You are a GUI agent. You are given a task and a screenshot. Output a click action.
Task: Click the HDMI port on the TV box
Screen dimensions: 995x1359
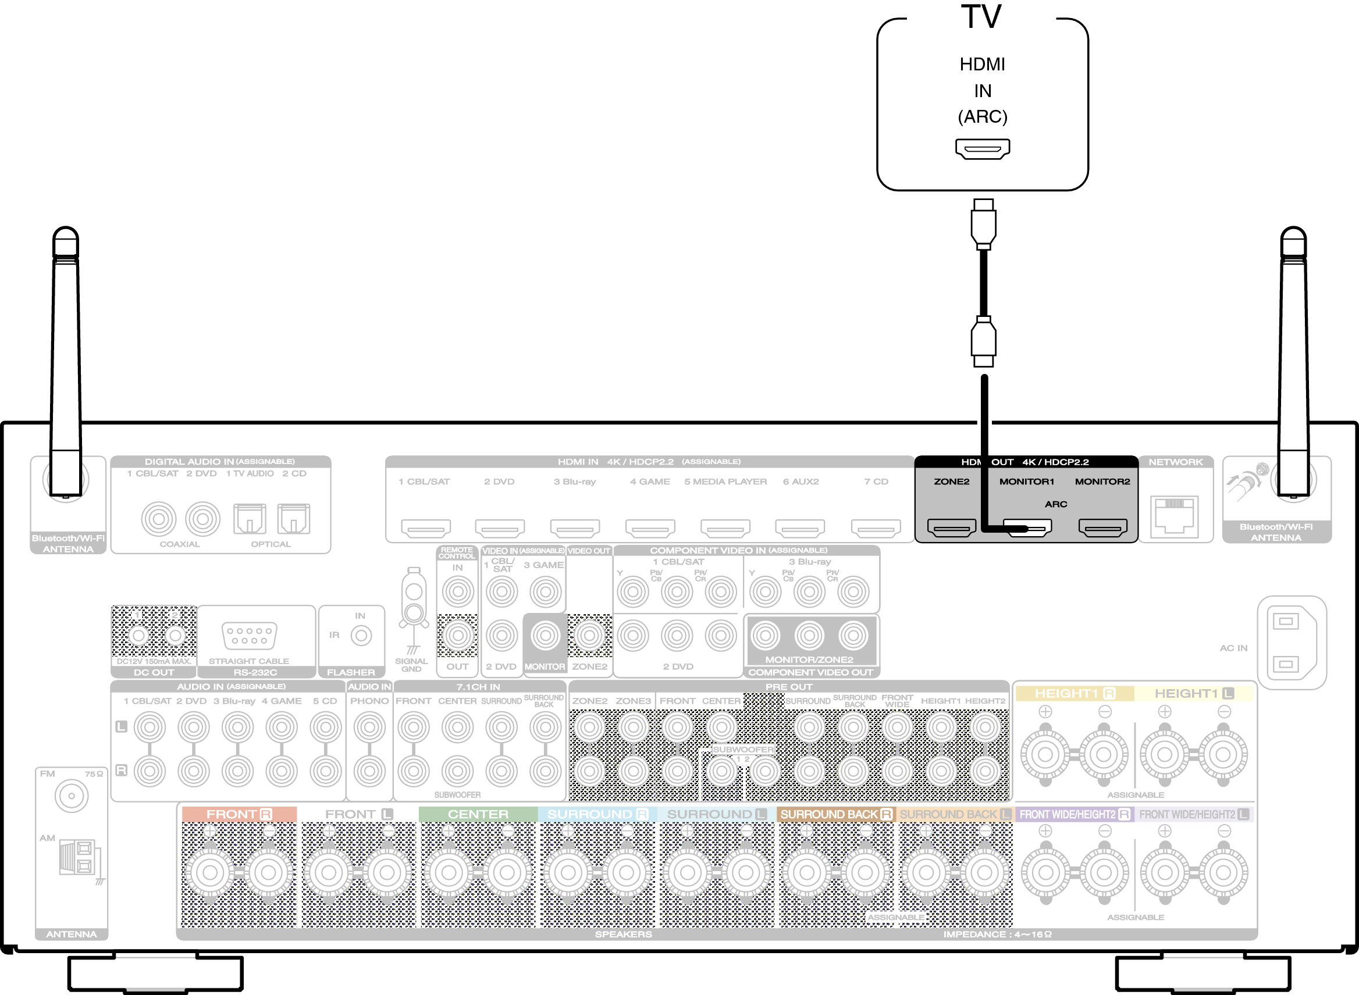coord(982,148)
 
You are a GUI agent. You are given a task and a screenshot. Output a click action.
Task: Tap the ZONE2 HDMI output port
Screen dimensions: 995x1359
coord(951,528)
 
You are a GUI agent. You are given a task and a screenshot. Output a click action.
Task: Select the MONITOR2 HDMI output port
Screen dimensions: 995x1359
coord(1102,528)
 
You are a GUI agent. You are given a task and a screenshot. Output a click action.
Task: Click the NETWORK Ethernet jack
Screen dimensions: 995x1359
coord(1174,516)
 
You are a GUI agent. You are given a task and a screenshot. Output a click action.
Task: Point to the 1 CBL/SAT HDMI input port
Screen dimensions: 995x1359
coord(425,529)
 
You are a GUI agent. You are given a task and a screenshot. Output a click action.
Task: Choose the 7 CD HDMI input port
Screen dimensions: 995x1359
coord(876,529)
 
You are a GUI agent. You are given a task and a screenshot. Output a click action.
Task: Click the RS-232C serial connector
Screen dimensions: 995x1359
coord(249,636)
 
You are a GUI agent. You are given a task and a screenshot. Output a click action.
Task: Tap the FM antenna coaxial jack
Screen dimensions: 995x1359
coord(71,796)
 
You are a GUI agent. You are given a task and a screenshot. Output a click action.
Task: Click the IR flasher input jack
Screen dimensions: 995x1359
coord(361,636)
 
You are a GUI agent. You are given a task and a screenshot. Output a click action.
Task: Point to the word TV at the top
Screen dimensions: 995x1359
coord(981,17)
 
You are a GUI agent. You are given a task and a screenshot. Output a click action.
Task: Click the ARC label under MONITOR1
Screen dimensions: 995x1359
coord(1055,504)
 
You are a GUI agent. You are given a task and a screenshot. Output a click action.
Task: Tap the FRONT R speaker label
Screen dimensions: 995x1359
coord(239,814)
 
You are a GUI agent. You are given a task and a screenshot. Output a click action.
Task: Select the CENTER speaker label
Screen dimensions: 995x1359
coord(478,814)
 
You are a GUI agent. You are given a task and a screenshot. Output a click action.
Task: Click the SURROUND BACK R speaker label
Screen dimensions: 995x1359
coord(835,814)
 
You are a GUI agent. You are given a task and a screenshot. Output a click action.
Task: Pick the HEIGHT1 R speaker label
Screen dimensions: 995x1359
coord(1075,693)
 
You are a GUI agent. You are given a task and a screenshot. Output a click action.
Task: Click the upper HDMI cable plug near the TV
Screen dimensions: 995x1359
coord(983,224)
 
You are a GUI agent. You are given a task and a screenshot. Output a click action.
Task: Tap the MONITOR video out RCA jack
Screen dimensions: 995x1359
coord(545,636)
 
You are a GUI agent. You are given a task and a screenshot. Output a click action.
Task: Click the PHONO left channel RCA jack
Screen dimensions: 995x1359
coord(369,727)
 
